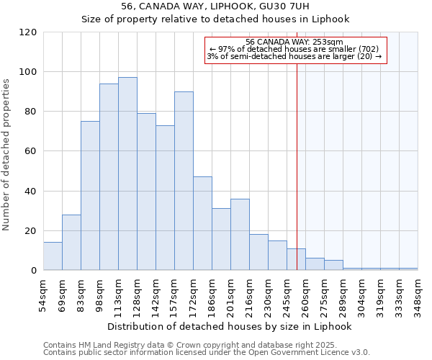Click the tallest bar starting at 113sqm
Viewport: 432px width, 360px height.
(x=127, y=174)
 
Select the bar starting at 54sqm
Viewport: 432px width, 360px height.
(x=53, y=256)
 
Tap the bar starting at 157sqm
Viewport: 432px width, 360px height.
(x=184, y=181)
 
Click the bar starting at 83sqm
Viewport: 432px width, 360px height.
(x=90, y=196)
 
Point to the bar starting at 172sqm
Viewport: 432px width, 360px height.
(x=202, y=223)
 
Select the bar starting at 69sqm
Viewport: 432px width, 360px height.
(x=71, y=243)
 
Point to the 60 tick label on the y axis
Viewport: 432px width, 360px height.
(x=31, y=151)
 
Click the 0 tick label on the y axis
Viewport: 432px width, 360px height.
(x=34, y=271)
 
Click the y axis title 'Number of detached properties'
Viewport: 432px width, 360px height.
(x=6, y=155)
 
